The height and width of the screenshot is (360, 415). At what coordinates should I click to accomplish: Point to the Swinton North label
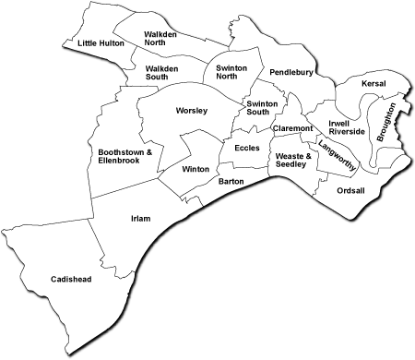(x=232, y=73)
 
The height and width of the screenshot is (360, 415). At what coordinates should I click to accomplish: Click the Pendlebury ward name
(x=292, y=71)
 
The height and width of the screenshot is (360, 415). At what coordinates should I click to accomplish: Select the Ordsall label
(x=351, y=191)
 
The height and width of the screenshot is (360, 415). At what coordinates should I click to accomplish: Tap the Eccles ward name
(x=246, y=148)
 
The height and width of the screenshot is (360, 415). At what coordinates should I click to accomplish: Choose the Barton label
(x=231, y=182)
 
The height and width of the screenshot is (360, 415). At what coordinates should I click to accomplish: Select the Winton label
(x=196, y=170)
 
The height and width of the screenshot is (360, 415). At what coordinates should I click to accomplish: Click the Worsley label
(x=191, y=111)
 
